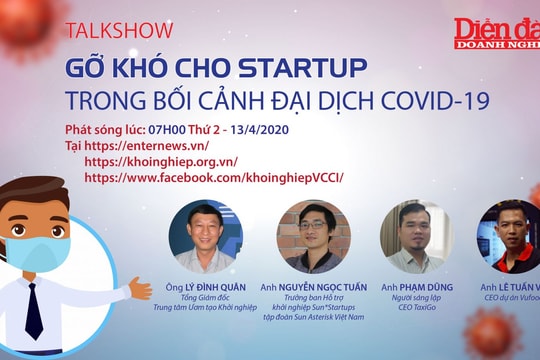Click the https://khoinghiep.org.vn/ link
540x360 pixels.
(x=161, y=161)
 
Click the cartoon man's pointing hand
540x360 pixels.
(x=140, y=289)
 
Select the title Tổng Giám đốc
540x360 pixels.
(x=206, y=295)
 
